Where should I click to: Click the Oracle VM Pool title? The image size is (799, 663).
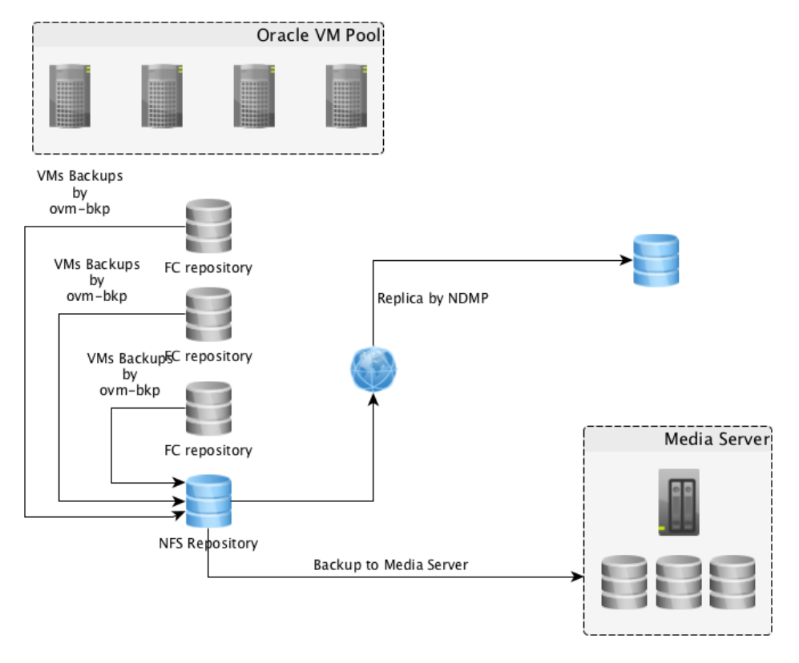pyautogui.click(x=318, y=35)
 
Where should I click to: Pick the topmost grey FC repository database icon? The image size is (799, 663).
pyautogui.click(x=208, y=227)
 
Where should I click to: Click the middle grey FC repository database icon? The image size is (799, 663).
pyautogui.click(x=208, y=315)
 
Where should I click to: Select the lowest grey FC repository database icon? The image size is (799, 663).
pyautogui.click(x=208, y=408)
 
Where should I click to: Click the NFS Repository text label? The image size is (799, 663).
pyautogui.click(x=208, y=544)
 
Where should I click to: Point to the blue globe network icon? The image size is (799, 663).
pyautogui.click(x=373, y=369)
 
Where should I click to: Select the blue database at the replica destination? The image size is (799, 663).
pyautogui.click(x=656, y=259)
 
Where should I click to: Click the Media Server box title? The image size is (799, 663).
pyautogui.click(x=716, y=440)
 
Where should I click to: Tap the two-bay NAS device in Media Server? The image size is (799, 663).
pyautogui.click(x=679, y=503)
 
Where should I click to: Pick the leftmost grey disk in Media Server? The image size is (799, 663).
pyautogui.click(x=624, y=582)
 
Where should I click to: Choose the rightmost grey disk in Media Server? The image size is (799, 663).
pyautogui.click(x=732, y=582)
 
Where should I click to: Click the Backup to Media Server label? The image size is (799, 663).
pyautogui.click(x=390, y=565)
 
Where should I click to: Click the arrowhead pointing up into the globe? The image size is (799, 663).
pyautogui.click(x=373, y=398)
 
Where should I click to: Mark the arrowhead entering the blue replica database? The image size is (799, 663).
pyautogui.click(x=626, y=259)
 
